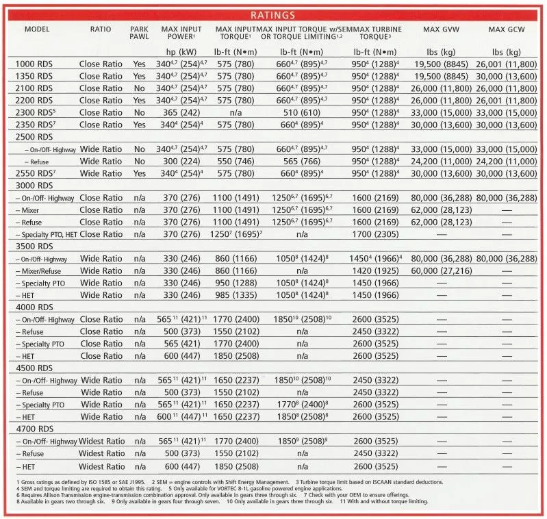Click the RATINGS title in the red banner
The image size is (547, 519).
click(273, 15)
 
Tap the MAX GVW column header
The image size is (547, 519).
click(440, 29)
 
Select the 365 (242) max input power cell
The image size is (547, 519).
click(180, 112)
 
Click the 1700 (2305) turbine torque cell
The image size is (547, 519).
click(374, 234)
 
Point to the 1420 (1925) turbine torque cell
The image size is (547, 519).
click(374, 270)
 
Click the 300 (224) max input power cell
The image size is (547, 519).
click(180, 161)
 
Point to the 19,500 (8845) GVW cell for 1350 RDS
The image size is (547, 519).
click(440, 76)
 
